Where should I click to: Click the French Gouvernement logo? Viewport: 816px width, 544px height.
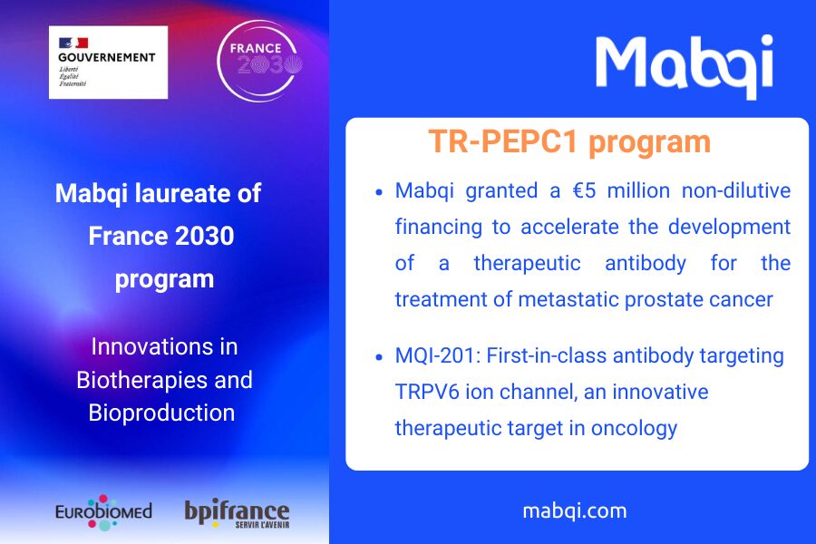(x=108, y=63)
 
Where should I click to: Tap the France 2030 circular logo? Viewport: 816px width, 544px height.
(x=258, y=61)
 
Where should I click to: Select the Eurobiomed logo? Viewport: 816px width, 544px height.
(x=103, y=512)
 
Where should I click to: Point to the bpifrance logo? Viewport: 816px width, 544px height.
(x=237, y=514)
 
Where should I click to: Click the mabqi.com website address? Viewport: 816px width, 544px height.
(x=575, y=511)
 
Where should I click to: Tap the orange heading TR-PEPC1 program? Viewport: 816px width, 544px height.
(x=569, y=141)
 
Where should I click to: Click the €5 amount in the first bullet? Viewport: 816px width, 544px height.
(x=584, y=190)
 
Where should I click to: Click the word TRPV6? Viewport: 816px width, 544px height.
(x=427, y=392)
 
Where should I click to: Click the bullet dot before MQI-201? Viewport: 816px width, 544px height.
(x=379, y=357)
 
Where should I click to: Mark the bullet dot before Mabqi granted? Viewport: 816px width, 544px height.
(x=379, y=192)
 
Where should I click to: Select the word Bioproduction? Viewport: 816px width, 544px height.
(x=162, y=413)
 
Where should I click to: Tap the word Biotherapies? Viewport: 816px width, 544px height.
(x=141, y=380)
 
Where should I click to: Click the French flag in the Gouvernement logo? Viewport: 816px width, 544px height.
(x=73, y=43)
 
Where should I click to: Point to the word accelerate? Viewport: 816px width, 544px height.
(x=570, y=227)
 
